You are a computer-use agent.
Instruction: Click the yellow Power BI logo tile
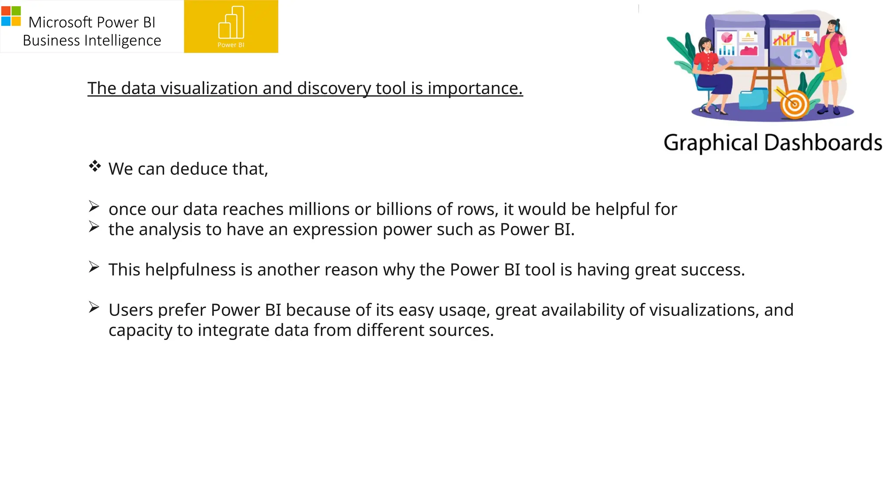point(231,26)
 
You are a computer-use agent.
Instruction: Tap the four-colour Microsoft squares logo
point(11,16)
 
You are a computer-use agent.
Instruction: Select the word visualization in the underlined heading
point(209,88)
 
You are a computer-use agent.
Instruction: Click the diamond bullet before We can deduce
point(94,166)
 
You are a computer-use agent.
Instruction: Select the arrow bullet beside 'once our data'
point(94,206)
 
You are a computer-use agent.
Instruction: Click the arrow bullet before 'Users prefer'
point(94,307)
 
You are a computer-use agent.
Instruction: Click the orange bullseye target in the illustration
point(794,105)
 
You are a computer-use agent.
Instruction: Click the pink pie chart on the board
point(727,38)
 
